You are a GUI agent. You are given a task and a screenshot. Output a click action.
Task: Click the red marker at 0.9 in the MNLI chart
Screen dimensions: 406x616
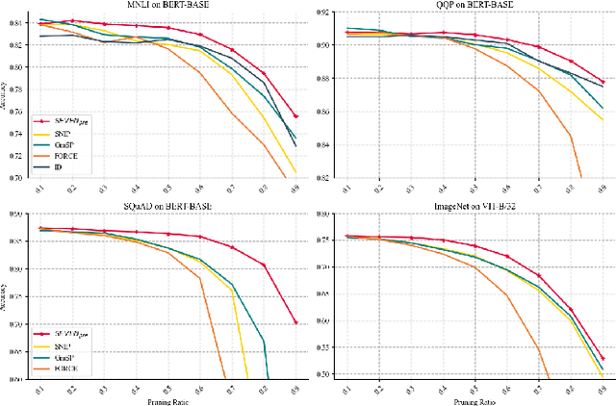[295, 116]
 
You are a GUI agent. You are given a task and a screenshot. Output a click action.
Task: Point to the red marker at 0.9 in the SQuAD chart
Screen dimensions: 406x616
[295, 322]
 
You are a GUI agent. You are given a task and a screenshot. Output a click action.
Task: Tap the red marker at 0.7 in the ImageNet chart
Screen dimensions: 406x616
[538, 276]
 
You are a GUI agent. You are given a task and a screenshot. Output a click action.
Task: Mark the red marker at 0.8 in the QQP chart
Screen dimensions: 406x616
[571, 62]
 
